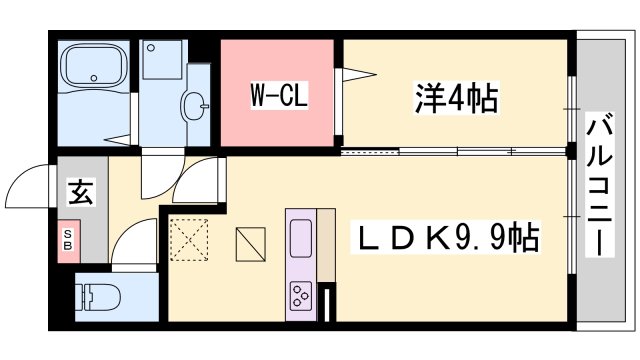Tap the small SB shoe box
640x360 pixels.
point(68,240)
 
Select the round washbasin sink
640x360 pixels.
point(194,103)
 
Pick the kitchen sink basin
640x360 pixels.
point(301,240)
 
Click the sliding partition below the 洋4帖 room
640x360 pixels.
point(455,151)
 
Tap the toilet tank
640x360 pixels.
point(83,297)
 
